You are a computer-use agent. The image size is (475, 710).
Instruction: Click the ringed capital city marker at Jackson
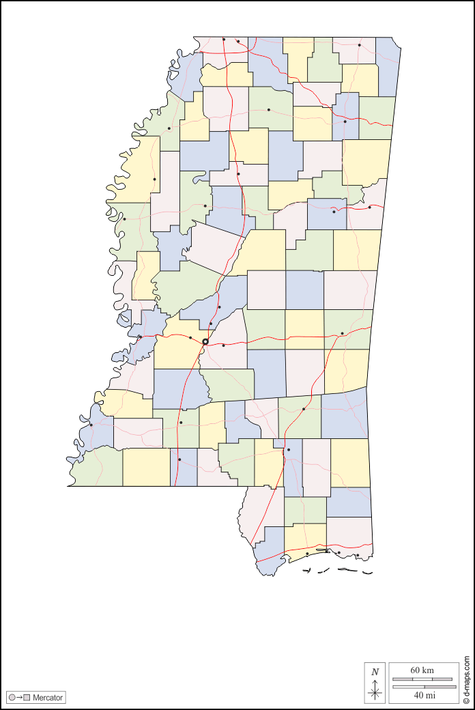coord(205,341)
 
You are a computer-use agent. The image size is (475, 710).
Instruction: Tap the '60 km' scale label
coord(422,670)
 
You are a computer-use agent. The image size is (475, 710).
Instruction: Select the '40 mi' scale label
coord(424,695)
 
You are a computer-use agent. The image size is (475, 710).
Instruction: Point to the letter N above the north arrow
coord(375,672)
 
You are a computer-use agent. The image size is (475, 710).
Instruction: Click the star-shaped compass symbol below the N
coord(375,692)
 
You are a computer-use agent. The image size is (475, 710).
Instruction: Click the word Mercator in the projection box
coord(48,698)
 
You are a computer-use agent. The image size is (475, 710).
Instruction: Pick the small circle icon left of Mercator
coord(12,698)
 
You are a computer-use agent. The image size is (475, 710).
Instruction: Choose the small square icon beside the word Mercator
coord(27,698)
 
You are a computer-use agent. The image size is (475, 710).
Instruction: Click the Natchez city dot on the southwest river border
coord(91,425)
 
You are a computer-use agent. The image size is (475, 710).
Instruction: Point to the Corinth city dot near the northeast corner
coord(359,45)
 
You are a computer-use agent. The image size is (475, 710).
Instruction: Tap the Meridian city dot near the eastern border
coord(342,333)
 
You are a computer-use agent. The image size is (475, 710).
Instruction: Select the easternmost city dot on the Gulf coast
coord(357,555)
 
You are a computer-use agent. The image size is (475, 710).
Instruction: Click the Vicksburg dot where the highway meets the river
coord(140,337)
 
